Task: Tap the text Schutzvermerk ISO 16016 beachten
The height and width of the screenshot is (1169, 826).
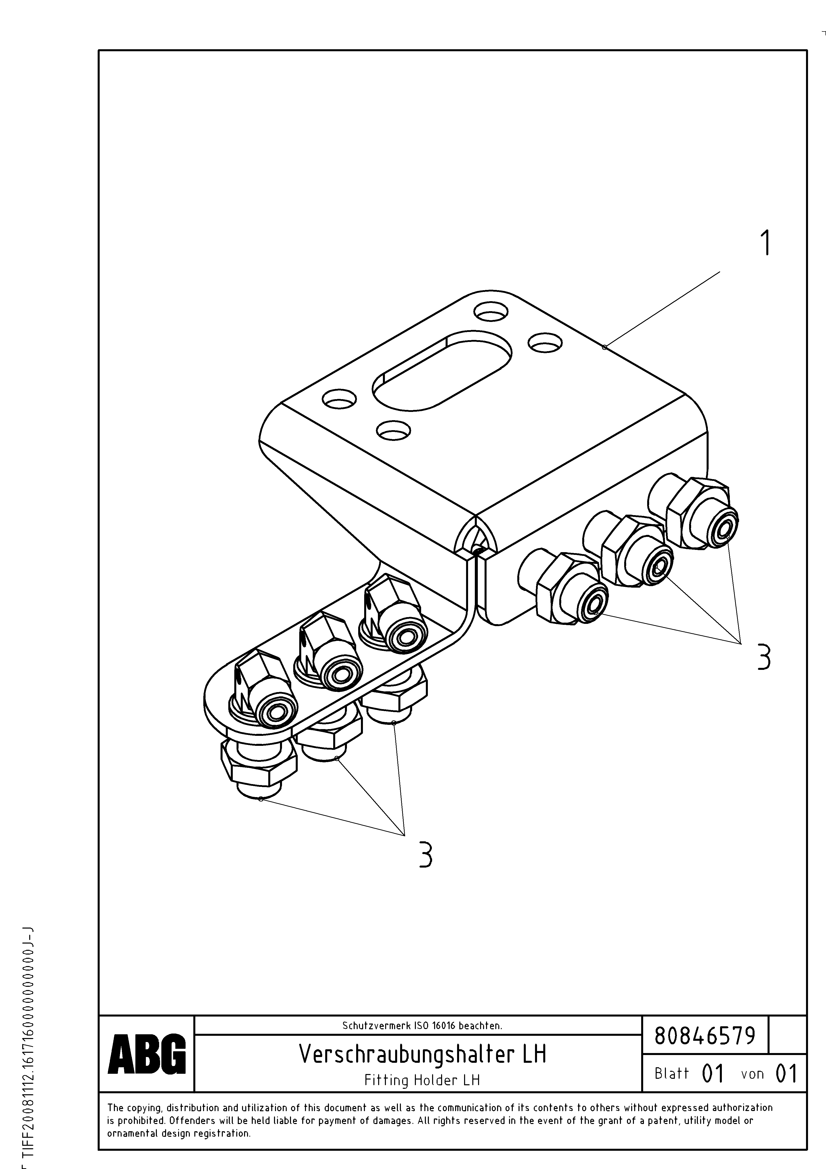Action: pos(422,1026)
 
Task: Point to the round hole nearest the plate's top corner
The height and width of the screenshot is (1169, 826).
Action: pos(491,312)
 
